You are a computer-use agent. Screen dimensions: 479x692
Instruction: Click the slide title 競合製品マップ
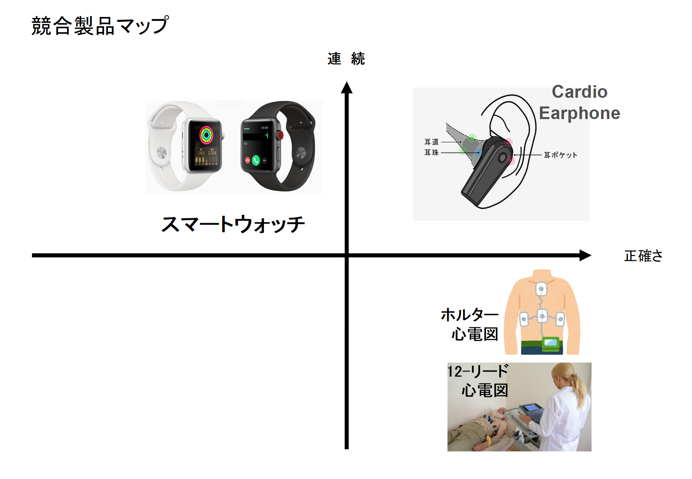tap(100, 26)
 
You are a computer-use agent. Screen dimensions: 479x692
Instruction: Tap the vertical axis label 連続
tap(346, 59)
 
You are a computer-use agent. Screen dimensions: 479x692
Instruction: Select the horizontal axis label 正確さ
tap(643, 256)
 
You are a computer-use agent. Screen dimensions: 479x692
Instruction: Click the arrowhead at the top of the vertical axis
tap(347, 88)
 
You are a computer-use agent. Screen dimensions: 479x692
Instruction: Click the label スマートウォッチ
tap(233, 224)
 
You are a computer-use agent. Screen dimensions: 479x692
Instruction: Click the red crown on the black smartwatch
tap(280, 135)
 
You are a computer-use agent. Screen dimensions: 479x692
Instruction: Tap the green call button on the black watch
tap(256, 161)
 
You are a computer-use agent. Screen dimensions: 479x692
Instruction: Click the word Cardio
tap(580, 92)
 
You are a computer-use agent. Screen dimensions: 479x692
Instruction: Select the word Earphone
tap(580, 113)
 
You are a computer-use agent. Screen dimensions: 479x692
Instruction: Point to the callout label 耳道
tap(432, 142)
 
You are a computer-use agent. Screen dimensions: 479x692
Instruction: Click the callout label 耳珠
tap(432, 153)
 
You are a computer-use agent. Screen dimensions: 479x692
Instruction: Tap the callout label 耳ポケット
tap(560, 155)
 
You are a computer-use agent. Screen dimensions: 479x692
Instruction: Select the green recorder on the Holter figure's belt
tap(551, 344)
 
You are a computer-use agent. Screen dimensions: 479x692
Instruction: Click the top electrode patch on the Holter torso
tap(541, 289)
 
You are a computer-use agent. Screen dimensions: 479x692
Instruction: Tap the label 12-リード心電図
tap(479, 381)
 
